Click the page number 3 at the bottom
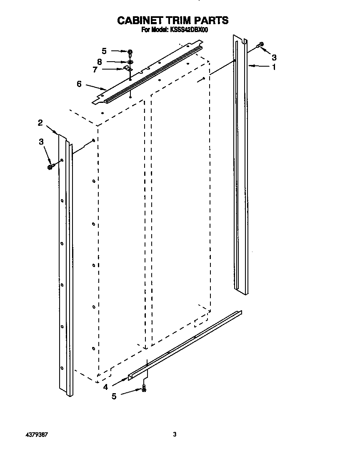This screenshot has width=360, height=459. [x=175, y=434]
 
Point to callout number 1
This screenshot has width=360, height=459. [x=274, y=66]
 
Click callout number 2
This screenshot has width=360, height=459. [x=40, y=122]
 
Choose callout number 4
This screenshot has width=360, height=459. [x=106, y=387]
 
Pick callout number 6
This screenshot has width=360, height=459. [x=79, y=84]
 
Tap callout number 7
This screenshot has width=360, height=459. [x=95, y=70]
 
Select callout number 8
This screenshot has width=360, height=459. [x=99, y=62]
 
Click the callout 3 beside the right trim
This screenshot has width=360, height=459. [x=274, y=57]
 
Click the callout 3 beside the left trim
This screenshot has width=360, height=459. [x=41, y=142]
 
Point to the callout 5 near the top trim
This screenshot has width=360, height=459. [x=104, y=51]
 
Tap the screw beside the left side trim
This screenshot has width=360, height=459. [x=50, y=167]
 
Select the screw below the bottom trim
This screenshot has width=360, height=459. [x=145, y=388]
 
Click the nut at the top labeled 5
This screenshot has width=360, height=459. [x=130, y=52]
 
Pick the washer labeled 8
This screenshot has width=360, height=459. [x=130, y=61]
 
